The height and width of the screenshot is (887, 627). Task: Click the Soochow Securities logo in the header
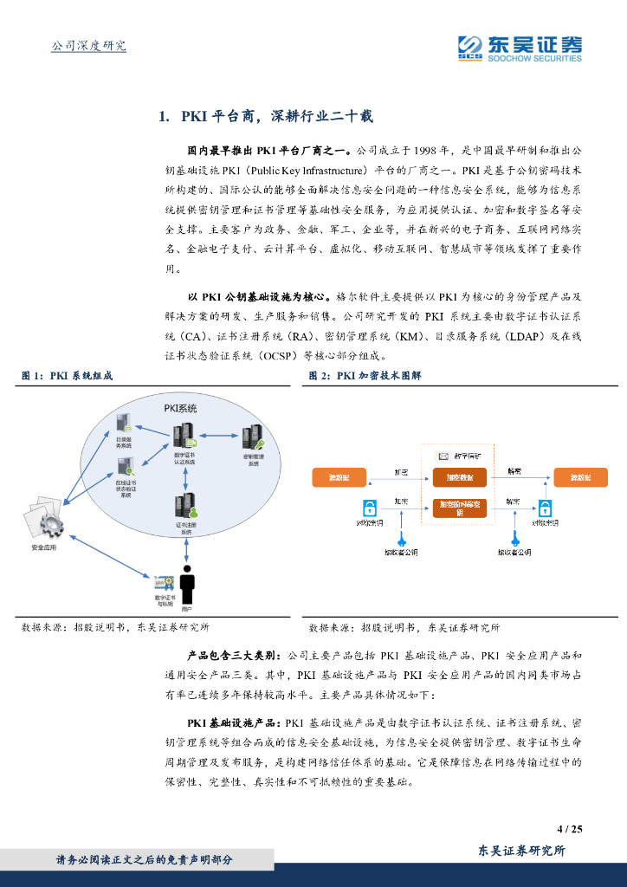click(519, 47)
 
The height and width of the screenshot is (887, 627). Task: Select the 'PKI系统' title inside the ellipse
click(180, 408)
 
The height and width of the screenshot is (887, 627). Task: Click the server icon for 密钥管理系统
click(253, 437)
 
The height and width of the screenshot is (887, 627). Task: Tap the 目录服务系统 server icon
click(124, 424)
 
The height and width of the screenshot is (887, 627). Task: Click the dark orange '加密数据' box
click(460, 478)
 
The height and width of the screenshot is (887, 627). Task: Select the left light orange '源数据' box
click(339, 478)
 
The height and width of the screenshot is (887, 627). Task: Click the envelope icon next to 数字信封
click(443, 456)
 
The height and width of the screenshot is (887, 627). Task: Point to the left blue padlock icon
click(368, 508)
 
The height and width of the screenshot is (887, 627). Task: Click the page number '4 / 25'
click(569, 829)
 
